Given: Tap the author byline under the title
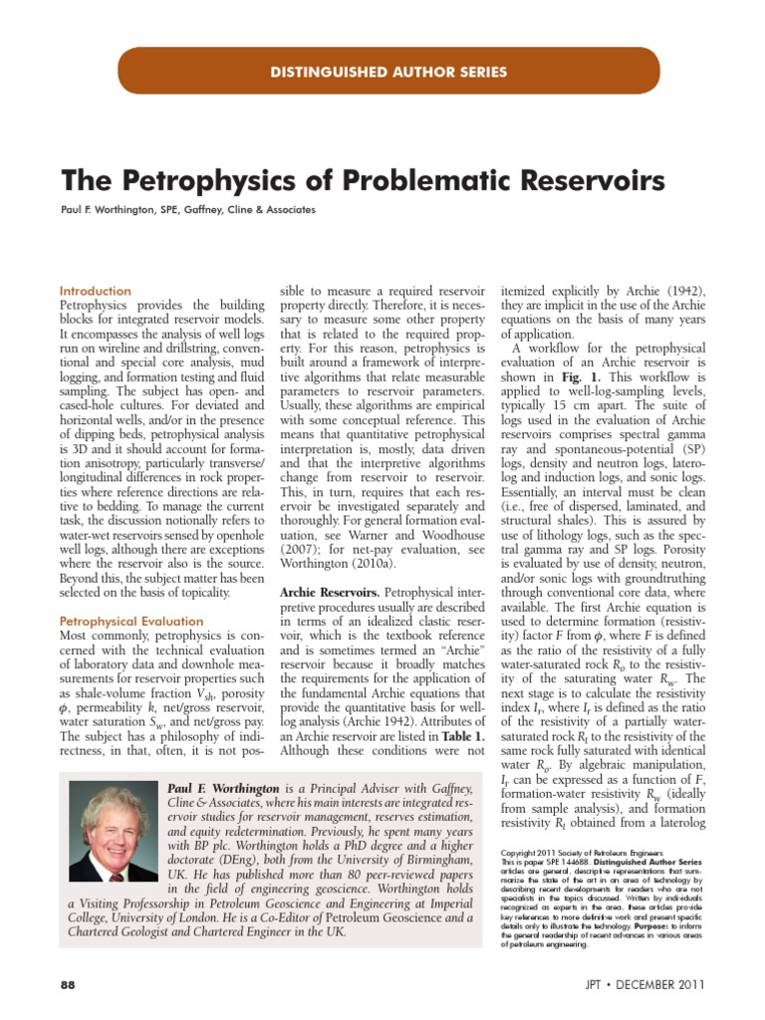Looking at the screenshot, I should pyautogui.click(x=188, y=210).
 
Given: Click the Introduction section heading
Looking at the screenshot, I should pyautogui.click(x=96, y=291).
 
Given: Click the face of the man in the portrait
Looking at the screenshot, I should pyautogui.click(x=109, y=827).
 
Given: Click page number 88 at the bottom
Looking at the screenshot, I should pyautogui.click(x=68, y=984).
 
